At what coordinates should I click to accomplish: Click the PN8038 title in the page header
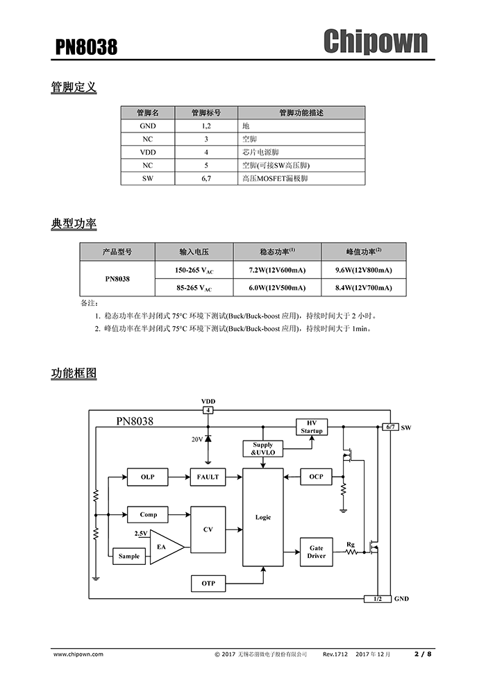86,47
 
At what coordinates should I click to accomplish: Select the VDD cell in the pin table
148,152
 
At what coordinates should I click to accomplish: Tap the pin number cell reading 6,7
206,178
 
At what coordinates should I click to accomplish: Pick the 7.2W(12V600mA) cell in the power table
276,270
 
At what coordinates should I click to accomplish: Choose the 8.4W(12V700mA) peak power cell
363,287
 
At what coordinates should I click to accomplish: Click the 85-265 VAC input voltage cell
194,287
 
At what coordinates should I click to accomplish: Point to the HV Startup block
312,427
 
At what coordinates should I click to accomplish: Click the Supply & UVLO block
262,448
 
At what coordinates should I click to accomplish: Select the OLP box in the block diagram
147,477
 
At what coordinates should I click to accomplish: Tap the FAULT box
208,477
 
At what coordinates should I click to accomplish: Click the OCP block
316,477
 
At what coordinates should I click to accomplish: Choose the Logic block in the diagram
263,517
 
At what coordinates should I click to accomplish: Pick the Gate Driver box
316,552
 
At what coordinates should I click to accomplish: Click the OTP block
208,583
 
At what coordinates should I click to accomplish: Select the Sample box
129,556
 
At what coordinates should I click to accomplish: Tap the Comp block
148,515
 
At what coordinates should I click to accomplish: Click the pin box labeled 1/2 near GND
377,598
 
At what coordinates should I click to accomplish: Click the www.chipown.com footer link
78,654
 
